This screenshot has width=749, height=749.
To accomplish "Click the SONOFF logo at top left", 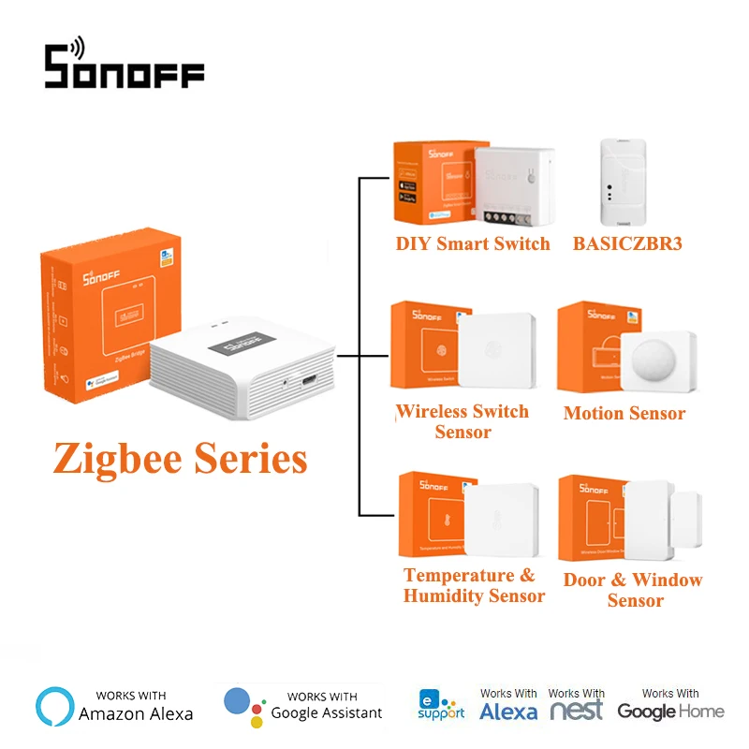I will point(125,65).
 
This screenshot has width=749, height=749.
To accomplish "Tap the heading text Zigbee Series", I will point(180,458).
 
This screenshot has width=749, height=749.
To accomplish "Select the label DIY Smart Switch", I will point(473,244).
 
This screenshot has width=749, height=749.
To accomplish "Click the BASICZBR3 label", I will point(627,244).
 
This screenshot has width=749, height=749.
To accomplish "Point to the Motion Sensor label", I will point(624,413).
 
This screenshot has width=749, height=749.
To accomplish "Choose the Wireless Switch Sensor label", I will point(463,421).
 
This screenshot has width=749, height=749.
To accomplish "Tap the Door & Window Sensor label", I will point(633,590).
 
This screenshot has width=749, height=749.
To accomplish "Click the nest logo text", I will point(576,711).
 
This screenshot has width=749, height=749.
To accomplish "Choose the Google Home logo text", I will point(670,712).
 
